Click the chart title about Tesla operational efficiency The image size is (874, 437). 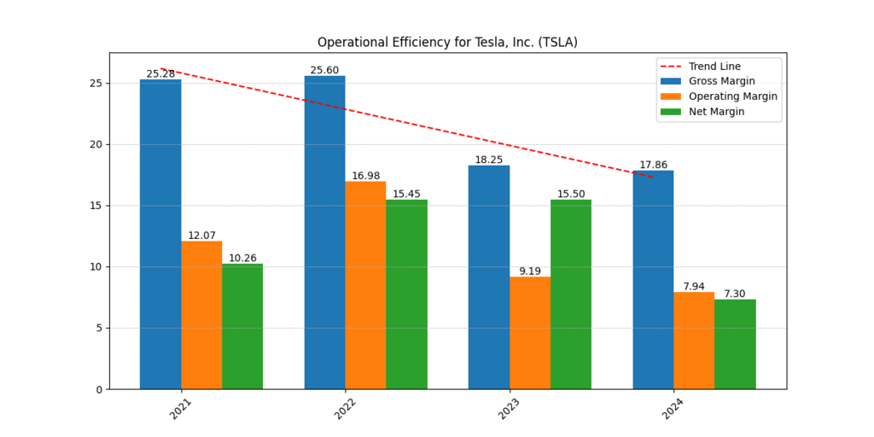[447, 43]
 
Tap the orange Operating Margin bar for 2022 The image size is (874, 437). [365, 285]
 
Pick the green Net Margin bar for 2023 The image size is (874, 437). [570, 294]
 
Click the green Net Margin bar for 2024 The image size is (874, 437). [735, 344]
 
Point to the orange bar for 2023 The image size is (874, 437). [530, 333]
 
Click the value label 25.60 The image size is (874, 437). [324, 70]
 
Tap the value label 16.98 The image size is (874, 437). [365, 176]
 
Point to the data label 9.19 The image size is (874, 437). [530, 271]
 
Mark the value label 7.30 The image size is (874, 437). [735, 294]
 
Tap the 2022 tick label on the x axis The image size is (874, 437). [345, 408]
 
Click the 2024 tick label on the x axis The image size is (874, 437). [673, 408]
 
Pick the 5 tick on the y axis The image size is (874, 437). [99, 328]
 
